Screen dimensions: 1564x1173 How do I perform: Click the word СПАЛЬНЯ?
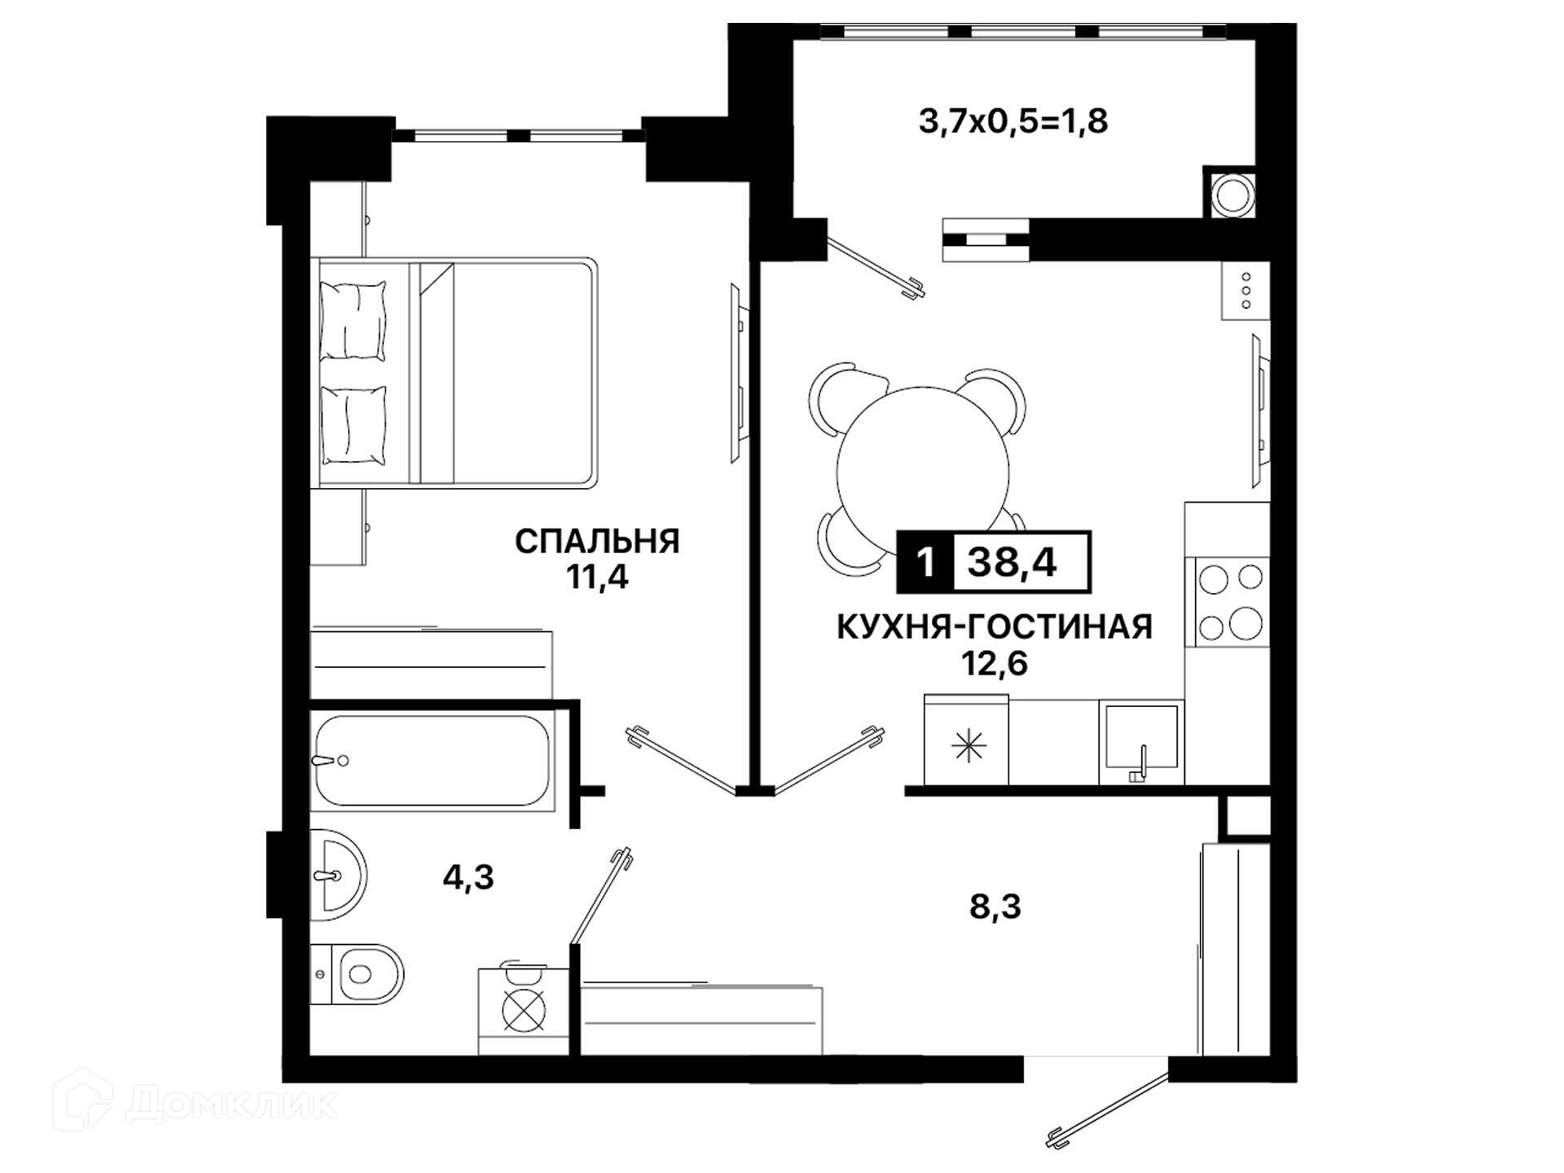coord(597,542)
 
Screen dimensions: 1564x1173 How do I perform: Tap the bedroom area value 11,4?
coord(597,578)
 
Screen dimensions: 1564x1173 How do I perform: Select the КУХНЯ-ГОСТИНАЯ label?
coord(995,627)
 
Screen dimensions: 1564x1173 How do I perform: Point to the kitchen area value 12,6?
coord(995,664)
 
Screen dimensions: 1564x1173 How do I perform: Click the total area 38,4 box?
coord(1021,562)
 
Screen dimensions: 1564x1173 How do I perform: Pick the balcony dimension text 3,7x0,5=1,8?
coord(1013,121)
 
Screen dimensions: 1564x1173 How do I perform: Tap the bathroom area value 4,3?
coord(468,877)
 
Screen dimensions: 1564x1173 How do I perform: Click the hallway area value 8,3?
coord(995,906)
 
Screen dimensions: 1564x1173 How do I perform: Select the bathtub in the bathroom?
coord(433,761)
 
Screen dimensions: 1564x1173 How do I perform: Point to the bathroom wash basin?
coord(338,875)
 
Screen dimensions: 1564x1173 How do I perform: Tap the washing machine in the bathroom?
coord(523,1010)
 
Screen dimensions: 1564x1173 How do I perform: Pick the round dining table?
coord(923,472)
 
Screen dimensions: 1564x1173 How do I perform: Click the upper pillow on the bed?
coord(353,322)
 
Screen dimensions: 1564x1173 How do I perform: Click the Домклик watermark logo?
coord(195,1101)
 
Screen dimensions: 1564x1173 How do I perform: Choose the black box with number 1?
coord(925,562)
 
